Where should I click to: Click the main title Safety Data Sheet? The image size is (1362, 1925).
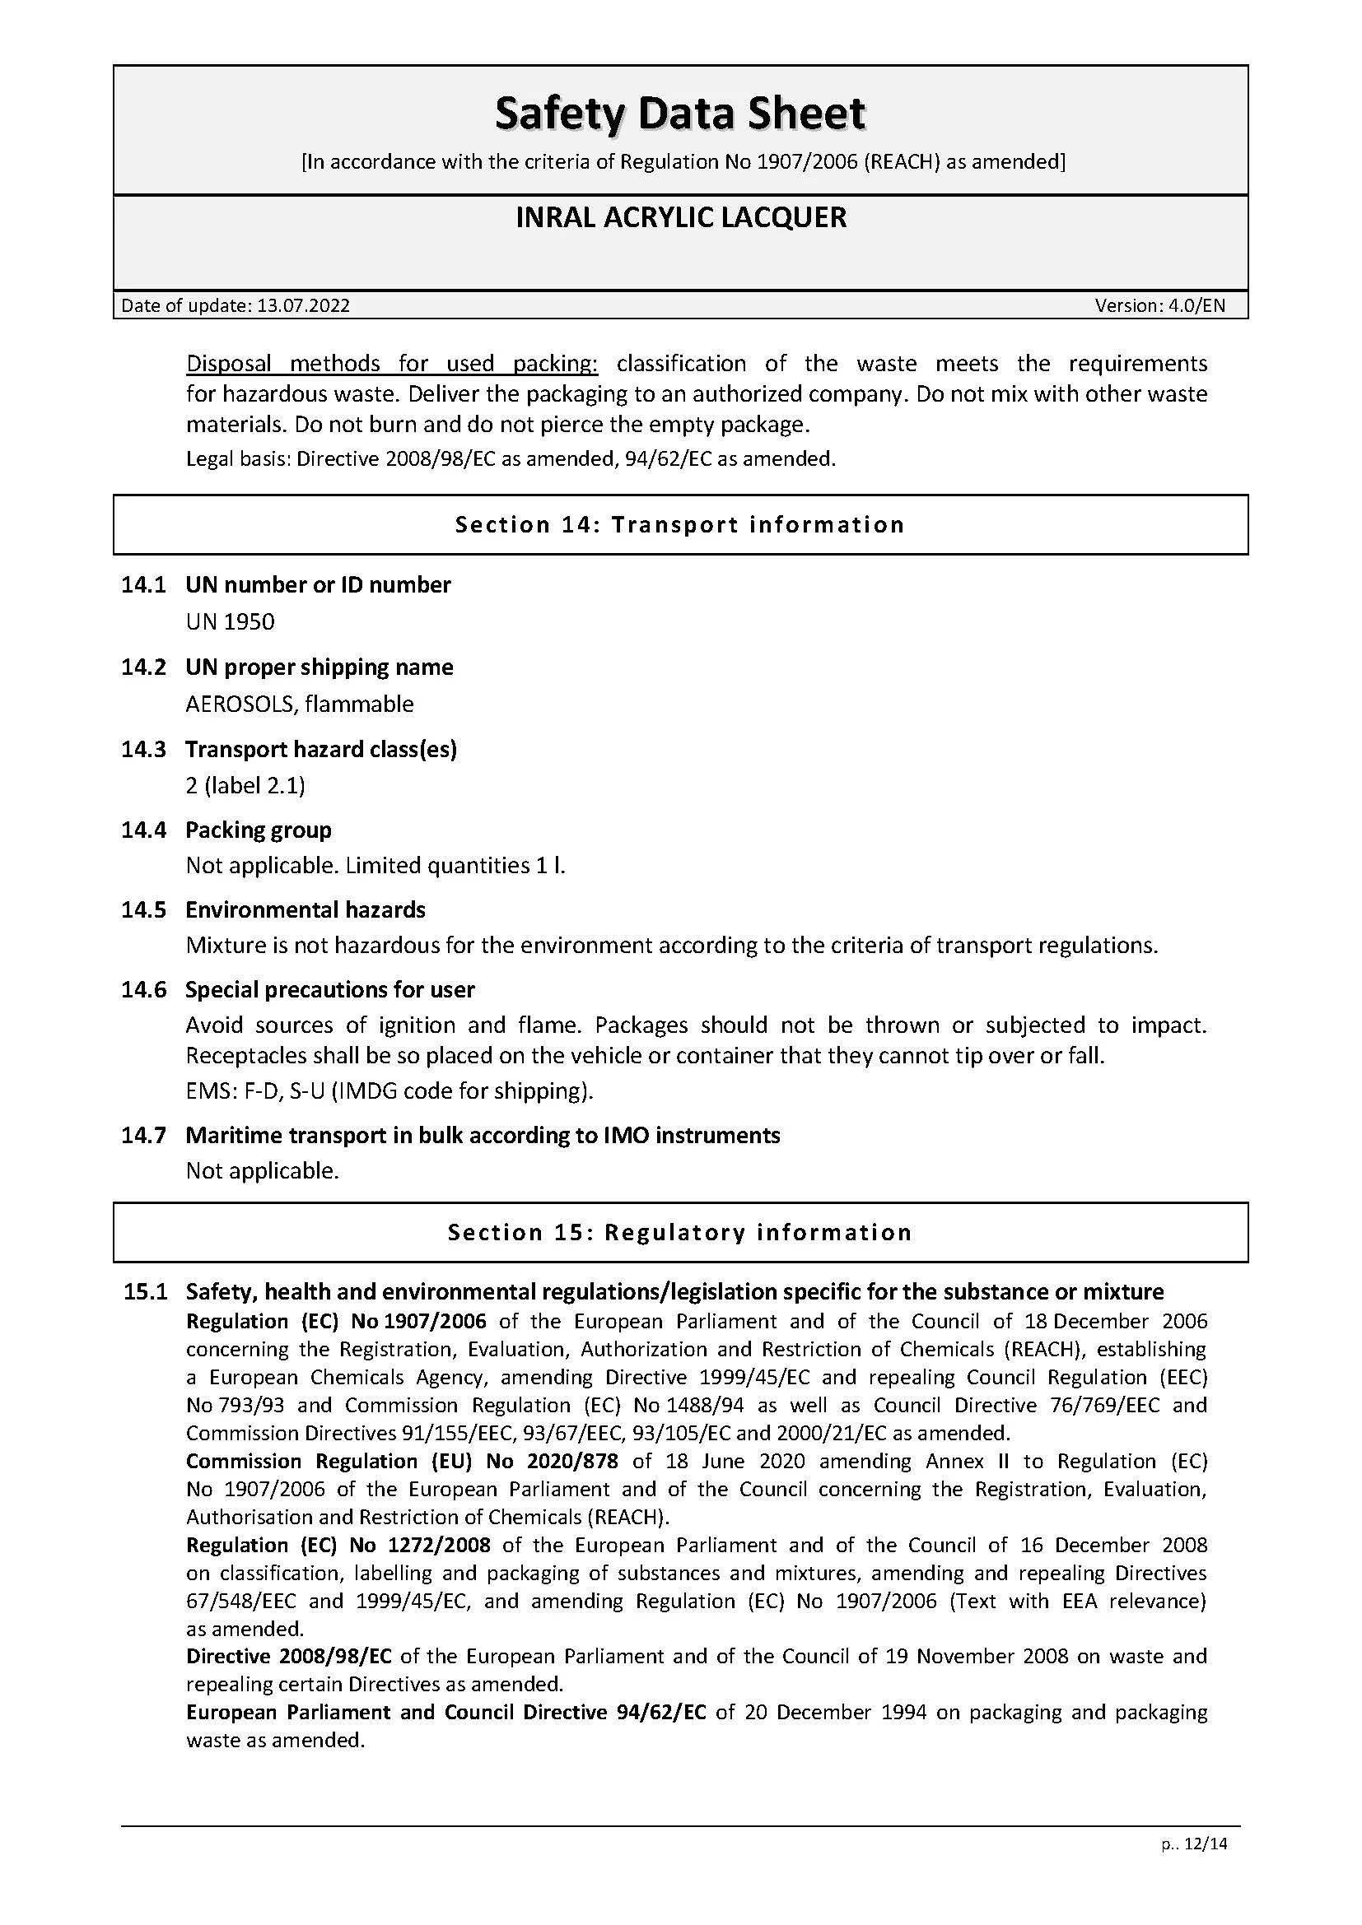click(x=680, y=114)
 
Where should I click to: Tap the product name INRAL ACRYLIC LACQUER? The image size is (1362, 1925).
click(x=680, y=218)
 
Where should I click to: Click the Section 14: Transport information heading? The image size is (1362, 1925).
click(x=680, y=525)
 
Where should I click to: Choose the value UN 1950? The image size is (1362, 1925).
click(x=230, y=621)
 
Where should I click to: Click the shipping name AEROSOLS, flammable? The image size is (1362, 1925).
click(x=300, y=704)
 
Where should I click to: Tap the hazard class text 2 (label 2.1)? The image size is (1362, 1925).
click(x=245, y=786)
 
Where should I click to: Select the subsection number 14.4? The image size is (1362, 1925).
click(x=143, y=830)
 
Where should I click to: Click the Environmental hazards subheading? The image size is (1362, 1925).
click(x=306, y=909)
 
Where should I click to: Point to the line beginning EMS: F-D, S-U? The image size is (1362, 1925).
click(x=389, y=1090)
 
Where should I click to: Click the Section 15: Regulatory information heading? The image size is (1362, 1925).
click(x=680, y=1233)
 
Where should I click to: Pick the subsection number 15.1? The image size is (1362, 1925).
click(x=145, y=1292)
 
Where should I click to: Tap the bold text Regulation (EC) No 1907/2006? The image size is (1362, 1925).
click(x=335, y=1322)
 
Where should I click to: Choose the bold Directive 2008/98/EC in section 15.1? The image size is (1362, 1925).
click(x=288, y=1656)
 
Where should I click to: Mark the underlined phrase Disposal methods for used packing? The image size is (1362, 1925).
click(x=392, y=364)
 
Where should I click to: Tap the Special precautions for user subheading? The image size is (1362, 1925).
click(x=329, y=990)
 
